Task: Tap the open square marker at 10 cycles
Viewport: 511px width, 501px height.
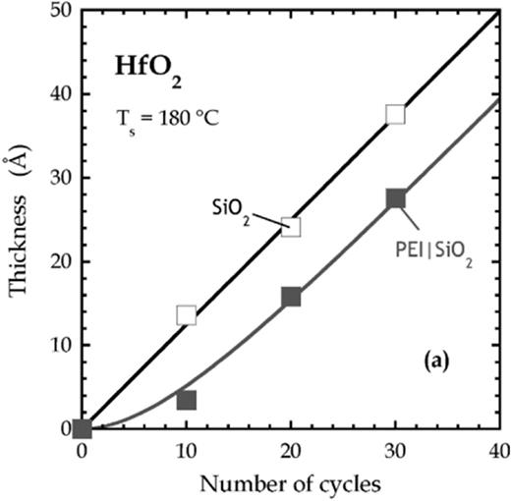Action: coord(187,315)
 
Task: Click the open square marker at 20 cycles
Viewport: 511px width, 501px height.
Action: coord(291,227)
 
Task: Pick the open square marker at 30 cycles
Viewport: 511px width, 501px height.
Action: coord(395,114)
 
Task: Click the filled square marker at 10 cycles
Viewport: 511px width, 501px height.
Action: coord(187,400)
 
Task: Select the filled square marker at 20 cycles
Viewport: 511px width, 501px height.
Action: coord(291,297)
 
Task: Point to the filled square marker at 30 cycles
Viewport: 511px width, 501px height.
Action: coord(395,198)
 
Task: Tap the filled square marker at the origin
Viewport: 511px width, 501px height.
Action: coord(83,428)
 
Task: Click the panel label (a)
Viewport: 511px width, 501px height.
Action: coord(435,362)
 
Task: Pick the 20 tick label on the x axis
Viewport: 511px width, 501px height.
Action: coord(291,452)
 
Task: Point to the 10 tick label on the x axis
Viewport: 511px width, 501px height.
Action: coord(187,452)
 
